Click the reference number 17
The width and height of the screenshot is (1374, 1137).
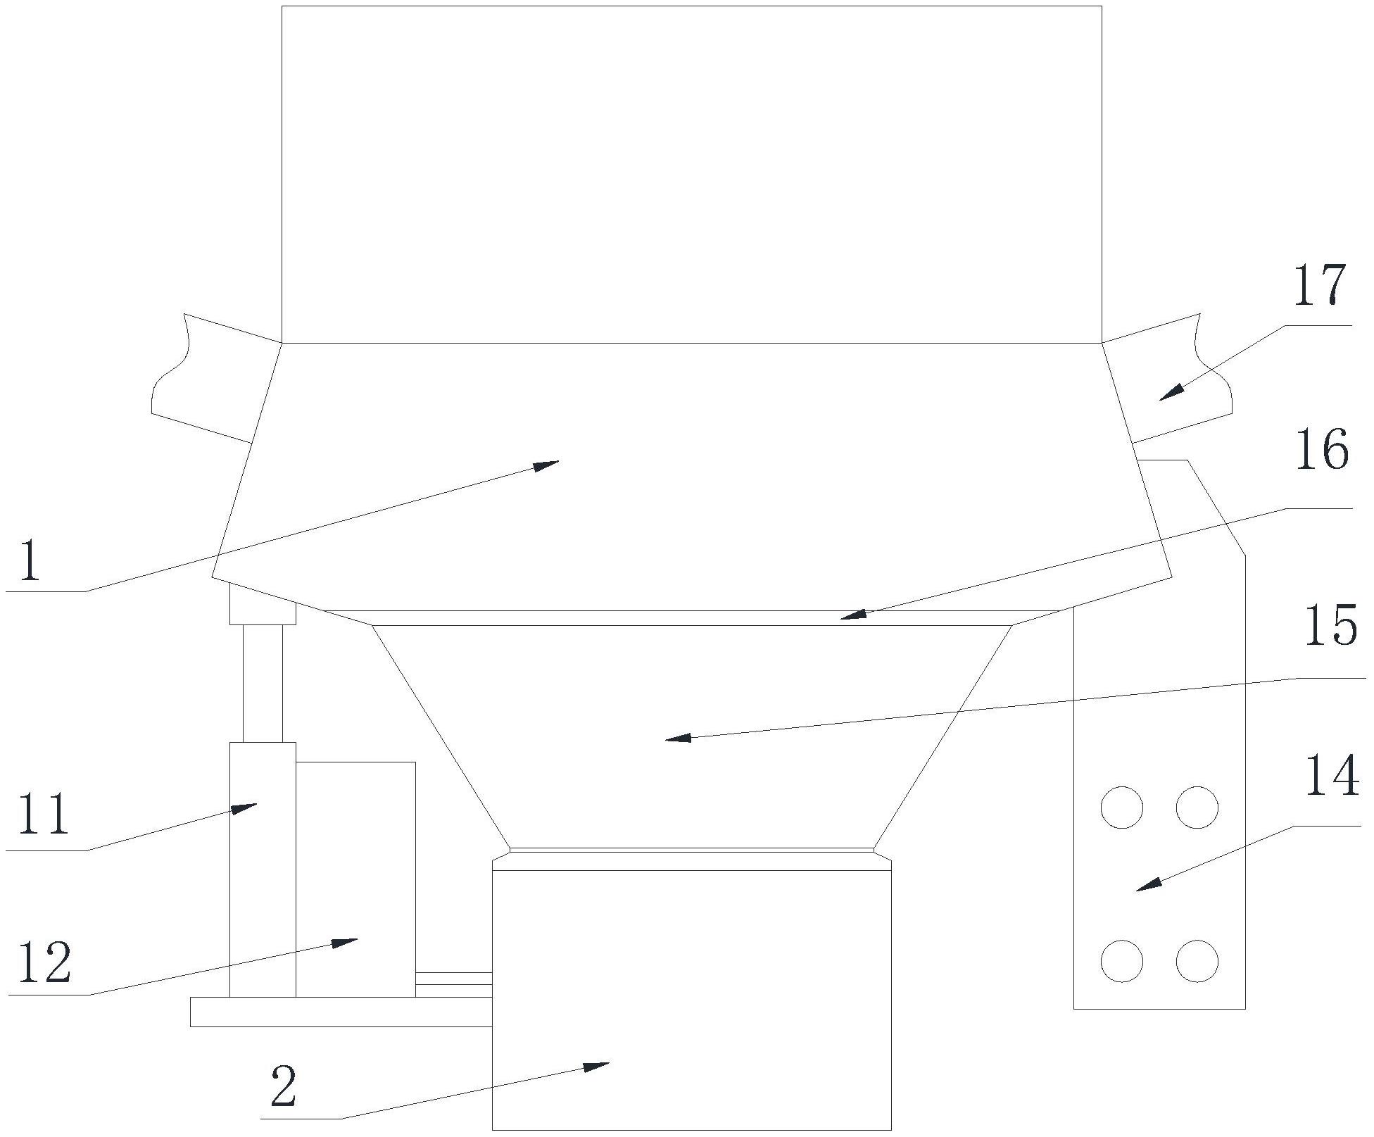pos(1320,285)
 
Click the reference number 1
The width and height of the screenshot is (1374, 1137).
pos(30,560)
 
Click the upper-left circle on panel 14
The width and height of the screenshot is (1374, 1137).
pos(1121,807)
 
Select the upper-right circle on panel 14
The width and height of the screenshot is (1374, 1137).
pos(1197,807)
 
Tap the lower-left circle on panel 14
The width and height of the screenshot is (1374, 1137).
pos(1121,961)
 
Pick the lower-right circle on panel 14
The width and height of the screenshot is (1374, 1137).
pos(1197,961)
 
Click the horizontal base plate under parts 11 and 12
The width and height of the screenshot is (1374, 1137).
pos(341,1012)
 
